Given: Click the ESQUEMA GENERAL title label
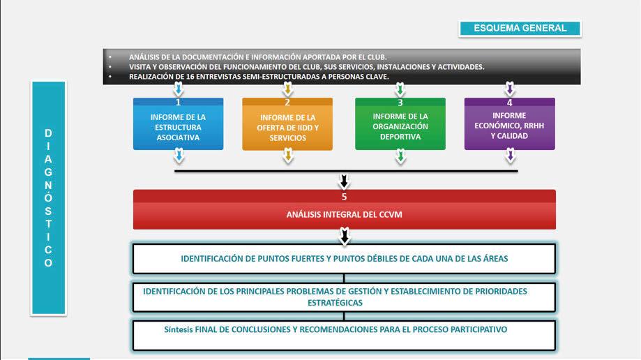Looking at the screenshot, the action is tap(520, 29).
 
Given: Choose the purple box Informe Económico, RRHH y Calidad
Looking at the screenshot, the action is tap(509, 126).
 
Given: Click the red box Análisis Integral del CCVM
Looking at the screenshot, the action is tap(344, 215).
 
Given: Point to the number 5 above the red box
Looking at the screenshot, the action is tap(344, 197).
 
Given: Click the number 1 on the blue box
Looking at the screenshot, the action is tap(179, 102).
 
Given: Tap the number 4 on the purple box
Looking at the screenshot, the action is tap(509, 102).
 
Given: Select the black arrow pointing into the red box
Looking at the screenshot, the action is tap(344, 181).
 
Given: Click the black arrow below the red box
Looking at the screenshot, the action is tap(344, 237).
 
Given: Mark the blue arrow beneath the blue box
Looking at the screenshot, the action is tap(179, 158).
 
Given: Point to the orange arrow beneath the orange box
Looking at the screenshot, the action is tap(287, 158).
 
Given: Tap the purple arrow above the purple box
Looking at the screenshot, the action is tap(510, 89).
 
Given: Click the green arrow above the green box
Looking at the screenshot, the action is tap(400, 89).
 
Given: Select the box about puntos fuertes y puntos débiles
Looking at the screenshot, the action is tap(344, 258).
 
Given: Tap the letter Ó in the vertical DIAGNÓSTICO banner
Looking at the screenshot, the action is tap(48, 197).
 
